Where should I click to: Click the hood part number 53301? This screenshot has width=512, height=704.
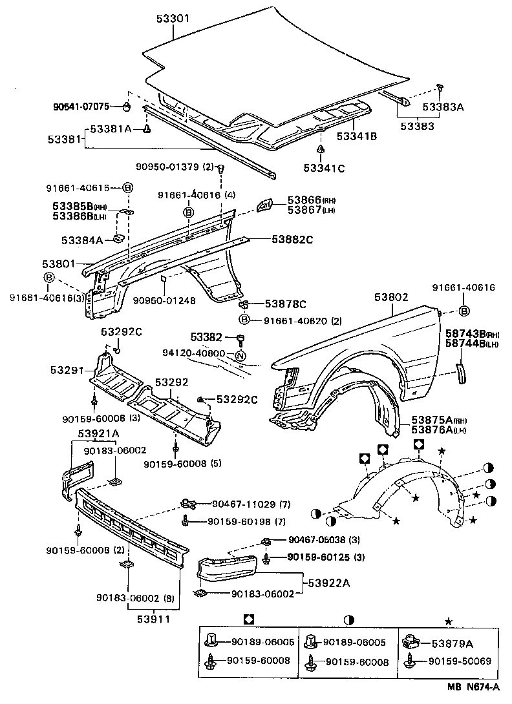tap(172, 19)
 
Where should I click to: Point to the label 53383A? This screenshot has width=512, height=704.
tap(443, 107)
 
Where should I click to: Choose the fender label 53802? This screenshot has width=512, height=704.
tap(391, 297)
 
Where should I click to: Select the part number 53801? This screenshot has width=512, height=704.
tap(59, 264)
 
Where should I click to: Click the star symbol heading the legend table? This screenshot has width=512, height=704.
tap(447, 620)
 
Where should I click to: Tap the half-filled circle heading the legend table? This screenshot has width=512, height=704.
tap(349, 620)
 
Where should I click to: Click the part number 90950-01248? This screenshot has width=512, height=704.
tap(164, 300)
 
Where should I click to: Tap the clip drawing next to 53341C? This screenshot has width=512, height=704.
tap(321, 150)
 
